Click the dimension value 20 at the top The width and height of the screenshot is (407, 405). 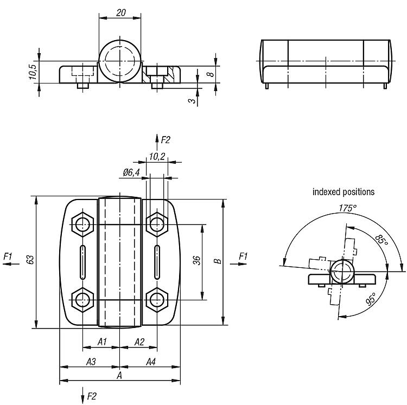coord(120,13)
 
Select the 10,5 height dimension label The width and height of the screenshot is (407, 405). coord(33,72)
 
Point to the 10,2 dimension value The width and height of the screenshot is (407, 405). coord(157,157)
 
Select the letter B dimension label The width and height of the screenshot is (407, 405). coord(217,261)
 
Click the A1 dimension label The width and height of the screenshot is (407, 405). coord(101,342)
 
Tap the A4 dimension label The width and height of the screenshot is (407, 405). coord(150,362)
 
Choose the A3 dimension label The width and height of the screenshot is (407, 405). coord(91,362)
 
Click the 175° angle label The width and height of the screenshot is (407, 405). coord(347,208)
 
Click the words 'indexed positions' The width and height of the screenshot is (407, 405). coord(343,192)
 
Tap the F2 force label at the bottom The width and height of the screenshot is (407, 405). coord(92,396)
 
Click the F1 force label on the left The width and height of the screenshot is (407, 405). coord(8,255)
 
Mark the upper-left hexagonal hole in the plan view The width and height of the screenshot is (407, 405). coord(82,223)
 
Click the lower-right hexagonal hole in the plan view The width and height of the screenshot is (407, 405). coord(157,299)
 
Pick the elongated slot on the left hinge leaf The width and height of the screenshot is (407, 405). coord(82,261)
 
